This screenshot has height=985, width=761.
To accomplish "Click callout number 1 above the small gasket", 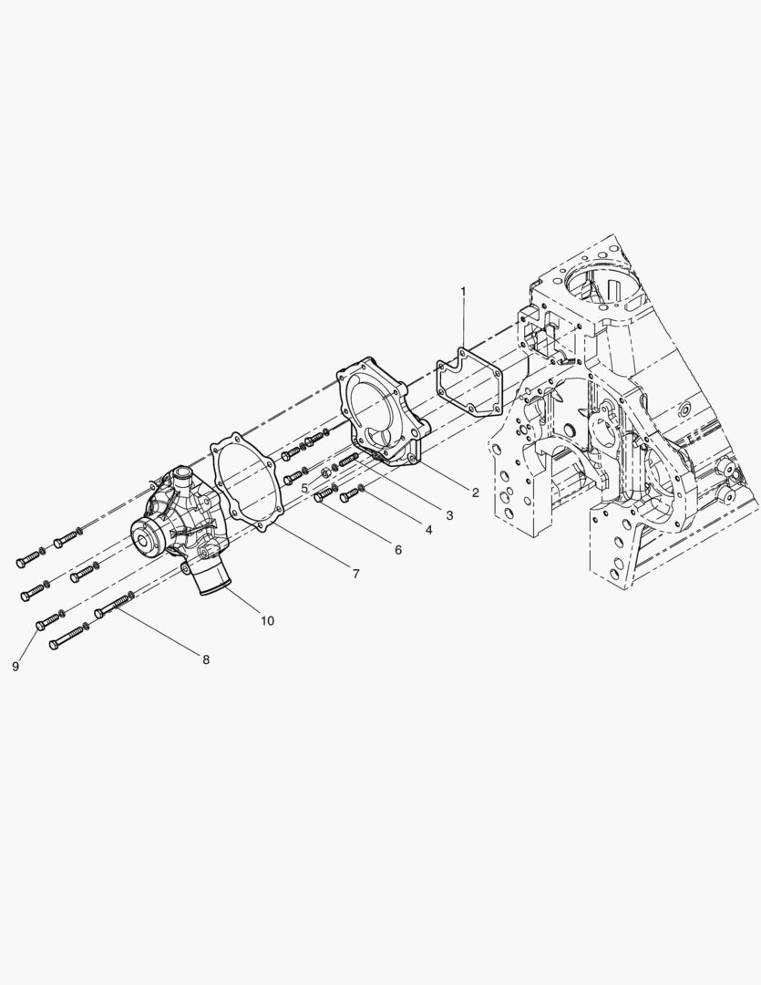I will tap(462, 292).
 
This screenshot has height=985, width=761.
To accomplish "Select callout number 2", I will tap(475, 493).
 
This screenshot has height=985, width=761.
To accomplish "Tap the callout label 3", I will tap(449, 515).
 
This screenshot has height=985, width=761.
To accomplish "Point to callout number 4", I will tap(426, 530).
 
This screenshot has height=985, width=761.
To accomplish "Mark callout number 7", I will tap(355, 574).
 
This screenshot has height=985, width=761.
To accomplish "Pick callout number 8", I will tap(206, 659).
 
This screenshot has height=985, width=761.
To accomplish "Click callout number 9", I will tap(15, 667).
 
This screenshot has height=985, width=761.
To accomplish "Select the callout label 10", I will tap(267, 621).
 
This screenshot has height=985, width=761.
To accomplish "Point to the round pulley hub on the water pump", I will tap(147, 534).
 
